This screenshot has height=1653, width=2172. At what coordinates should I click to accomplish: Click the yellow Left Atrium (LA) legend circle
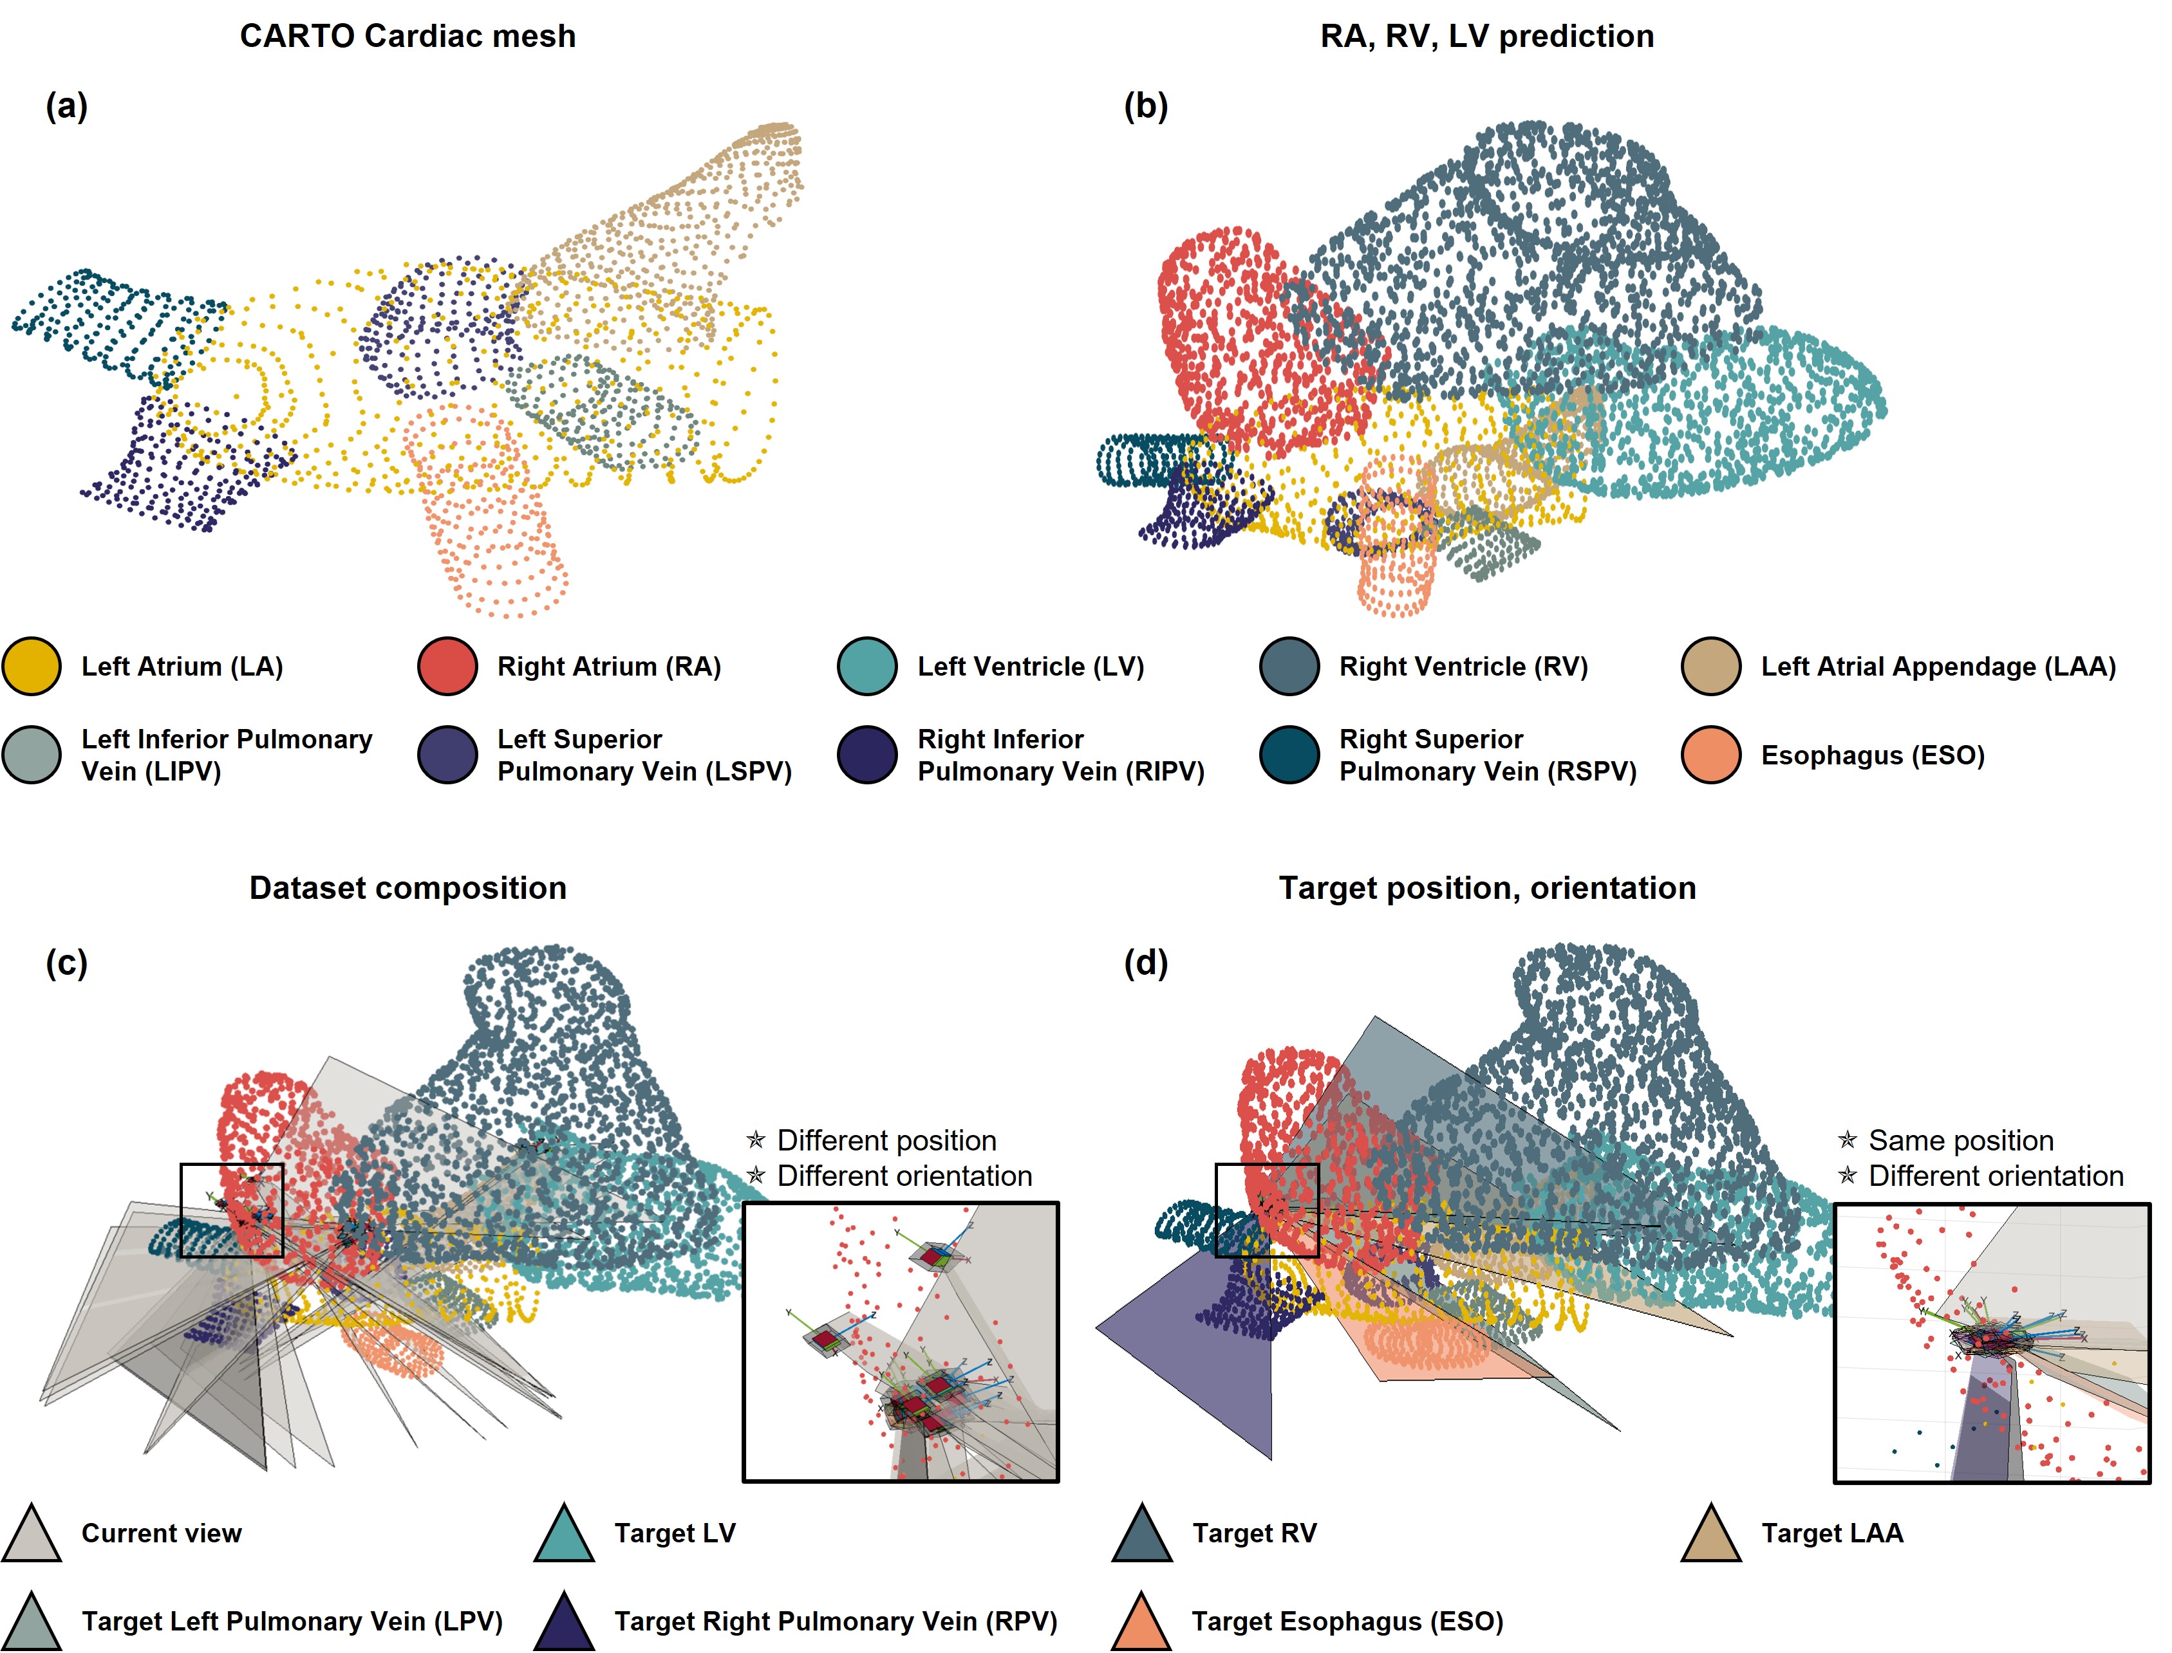coord(32,666)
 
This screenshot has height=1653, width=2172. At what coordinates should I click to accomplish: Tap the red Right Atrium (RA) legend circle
coord(448,666)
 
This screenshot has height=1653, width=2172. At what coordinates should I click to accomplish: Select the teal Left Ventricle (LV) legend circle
coord(867,666)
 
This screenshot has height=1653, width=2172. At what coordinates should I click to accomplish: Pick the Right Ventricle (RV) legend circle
coord(1289,666)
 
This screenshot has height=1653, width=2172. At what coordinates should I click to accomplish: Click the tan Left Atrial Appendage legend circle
coord(1712,666)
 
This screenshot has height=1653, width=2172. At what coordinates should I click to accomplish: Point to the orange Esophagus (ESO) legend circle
coord(1712,755)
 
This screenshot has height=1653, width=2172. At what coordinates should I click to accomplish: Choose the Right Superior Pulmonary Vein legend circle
coord(1289,755)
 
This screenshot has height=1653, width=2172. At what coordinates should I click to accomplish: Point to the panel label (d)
coord(1145,963)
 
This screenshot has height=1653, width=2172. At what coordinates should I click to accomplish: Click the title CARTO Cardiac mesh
coord(407,37)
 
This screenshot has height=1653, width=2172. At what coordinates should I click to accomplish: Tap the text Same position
coord(1960,1140)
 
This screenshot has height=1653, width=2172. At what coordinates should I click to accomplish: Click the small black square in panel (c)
coord(232,1210)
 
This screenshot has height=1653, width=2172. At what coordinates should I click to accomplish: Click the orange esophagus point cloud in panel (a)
coord(487,521)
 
